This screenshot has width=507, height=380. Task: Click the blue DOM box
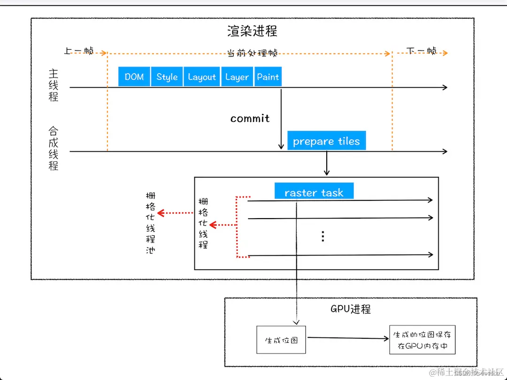(x=134, y=77)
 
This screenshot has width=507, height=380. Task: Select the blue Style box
(x=167, y=77)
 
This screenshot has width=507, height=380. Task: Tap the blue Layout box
(x=202, y=77)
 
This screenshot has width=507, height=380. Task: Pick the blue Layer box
(x=237, y=77)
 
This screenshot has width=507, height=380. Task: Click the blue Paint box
(x=268, y=77)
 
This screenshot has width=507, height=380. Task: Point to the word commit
(x=250, y=119)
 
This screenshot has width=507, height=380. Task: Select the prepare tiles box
(x=326, y=141)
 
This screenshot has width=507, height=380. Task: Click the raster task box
(x=314, y=192)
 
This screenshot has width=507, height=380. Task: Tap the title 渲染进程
(x=252, y=31)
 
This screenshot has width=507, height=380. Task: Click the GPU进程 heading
(x=351, y=309)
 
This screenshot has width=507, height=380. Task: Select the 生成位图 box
(x=281, y=340)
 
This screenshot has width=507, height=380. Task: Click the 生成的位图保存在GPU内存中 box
(x=422, y=341)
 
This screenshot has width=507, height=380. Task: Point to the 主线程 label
(x=54, y=85)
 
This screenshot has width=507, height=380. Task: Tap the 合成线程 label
(x=54, y=148)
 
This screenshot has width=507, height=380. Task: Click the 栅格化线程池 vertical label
(x=151, y=222)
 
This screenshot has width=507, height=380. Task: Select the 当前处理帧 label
(x=252, y=53)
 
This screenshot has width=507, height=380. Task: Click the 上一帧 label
(x=78, y=51)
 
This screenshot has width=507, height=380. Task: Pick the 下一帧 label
(x=421, y=51)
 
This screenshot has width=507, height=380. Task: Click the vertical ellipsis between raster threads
(x=323, y=236)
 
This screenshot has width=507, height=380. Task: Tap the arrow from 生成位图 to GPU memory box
(x=347, y=338)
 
